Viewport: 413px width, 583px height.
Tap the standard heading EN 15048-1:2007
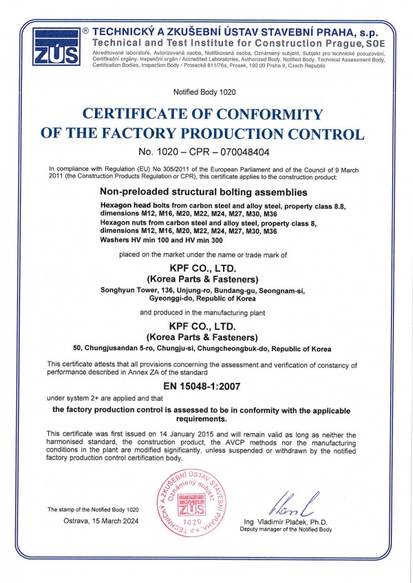click(x=206, y=388)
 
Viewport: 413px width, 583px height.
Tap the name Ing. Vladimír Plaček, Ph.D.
click(x=286, y=522)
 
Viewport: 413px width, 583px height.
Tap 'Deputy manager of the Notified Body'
click(x=286, y=530)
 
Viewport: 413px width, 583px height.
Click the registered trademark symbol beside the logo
click(x=85, y=32)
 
